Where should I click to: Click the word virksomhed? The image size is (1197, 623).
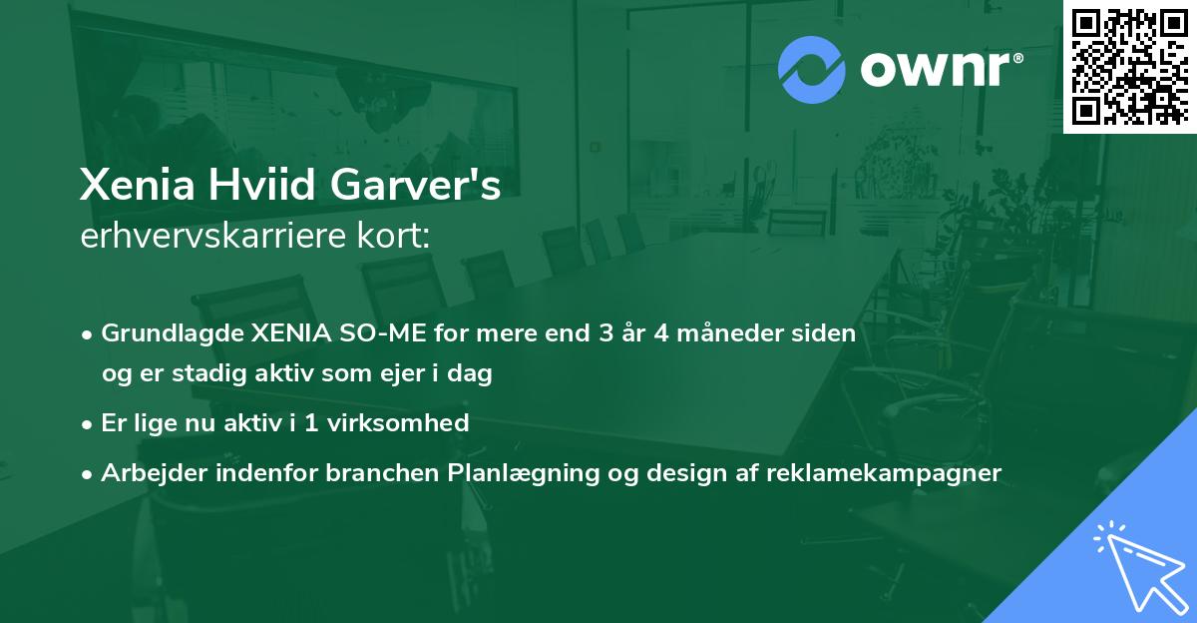coord(405,422)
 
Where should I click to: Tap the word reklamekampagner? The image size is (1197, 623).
coord(884,472)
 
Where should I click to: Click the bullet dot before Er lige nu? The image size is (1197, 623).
coord(89,423)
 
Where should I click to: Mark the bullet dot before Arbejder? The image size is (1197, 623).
coord(89,473)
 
